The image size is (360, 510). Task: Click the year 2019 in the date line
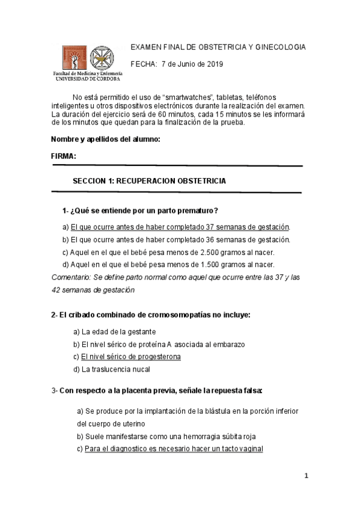213,64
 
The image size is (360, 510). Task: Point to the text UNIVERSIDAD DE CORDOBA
88,78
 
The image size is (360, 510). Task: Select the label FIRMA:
64,156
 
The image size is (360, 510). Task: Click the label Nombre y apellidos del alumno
106,140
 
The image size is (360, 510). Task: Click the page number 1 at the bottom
306,476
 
